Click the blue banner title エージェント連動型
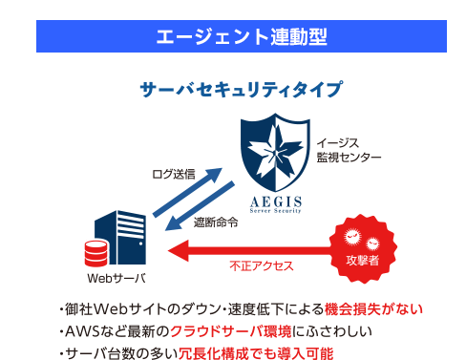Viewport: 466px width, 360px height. [x=241, y=36]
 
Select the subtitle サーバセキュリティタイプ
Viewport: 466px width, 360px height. [x=241, y=91]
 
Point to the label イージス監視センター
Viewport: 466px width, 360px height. [x=349, y=149]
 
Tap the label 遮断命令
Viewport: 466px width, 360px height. [x=215, y=222]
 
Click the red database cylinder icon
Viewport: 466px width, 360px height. [x=95, y=255]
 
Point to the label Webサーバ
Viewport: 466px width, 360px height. [x=116, y=279]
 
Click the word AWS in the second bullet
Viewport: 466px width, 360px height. [x=79, y=332]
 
